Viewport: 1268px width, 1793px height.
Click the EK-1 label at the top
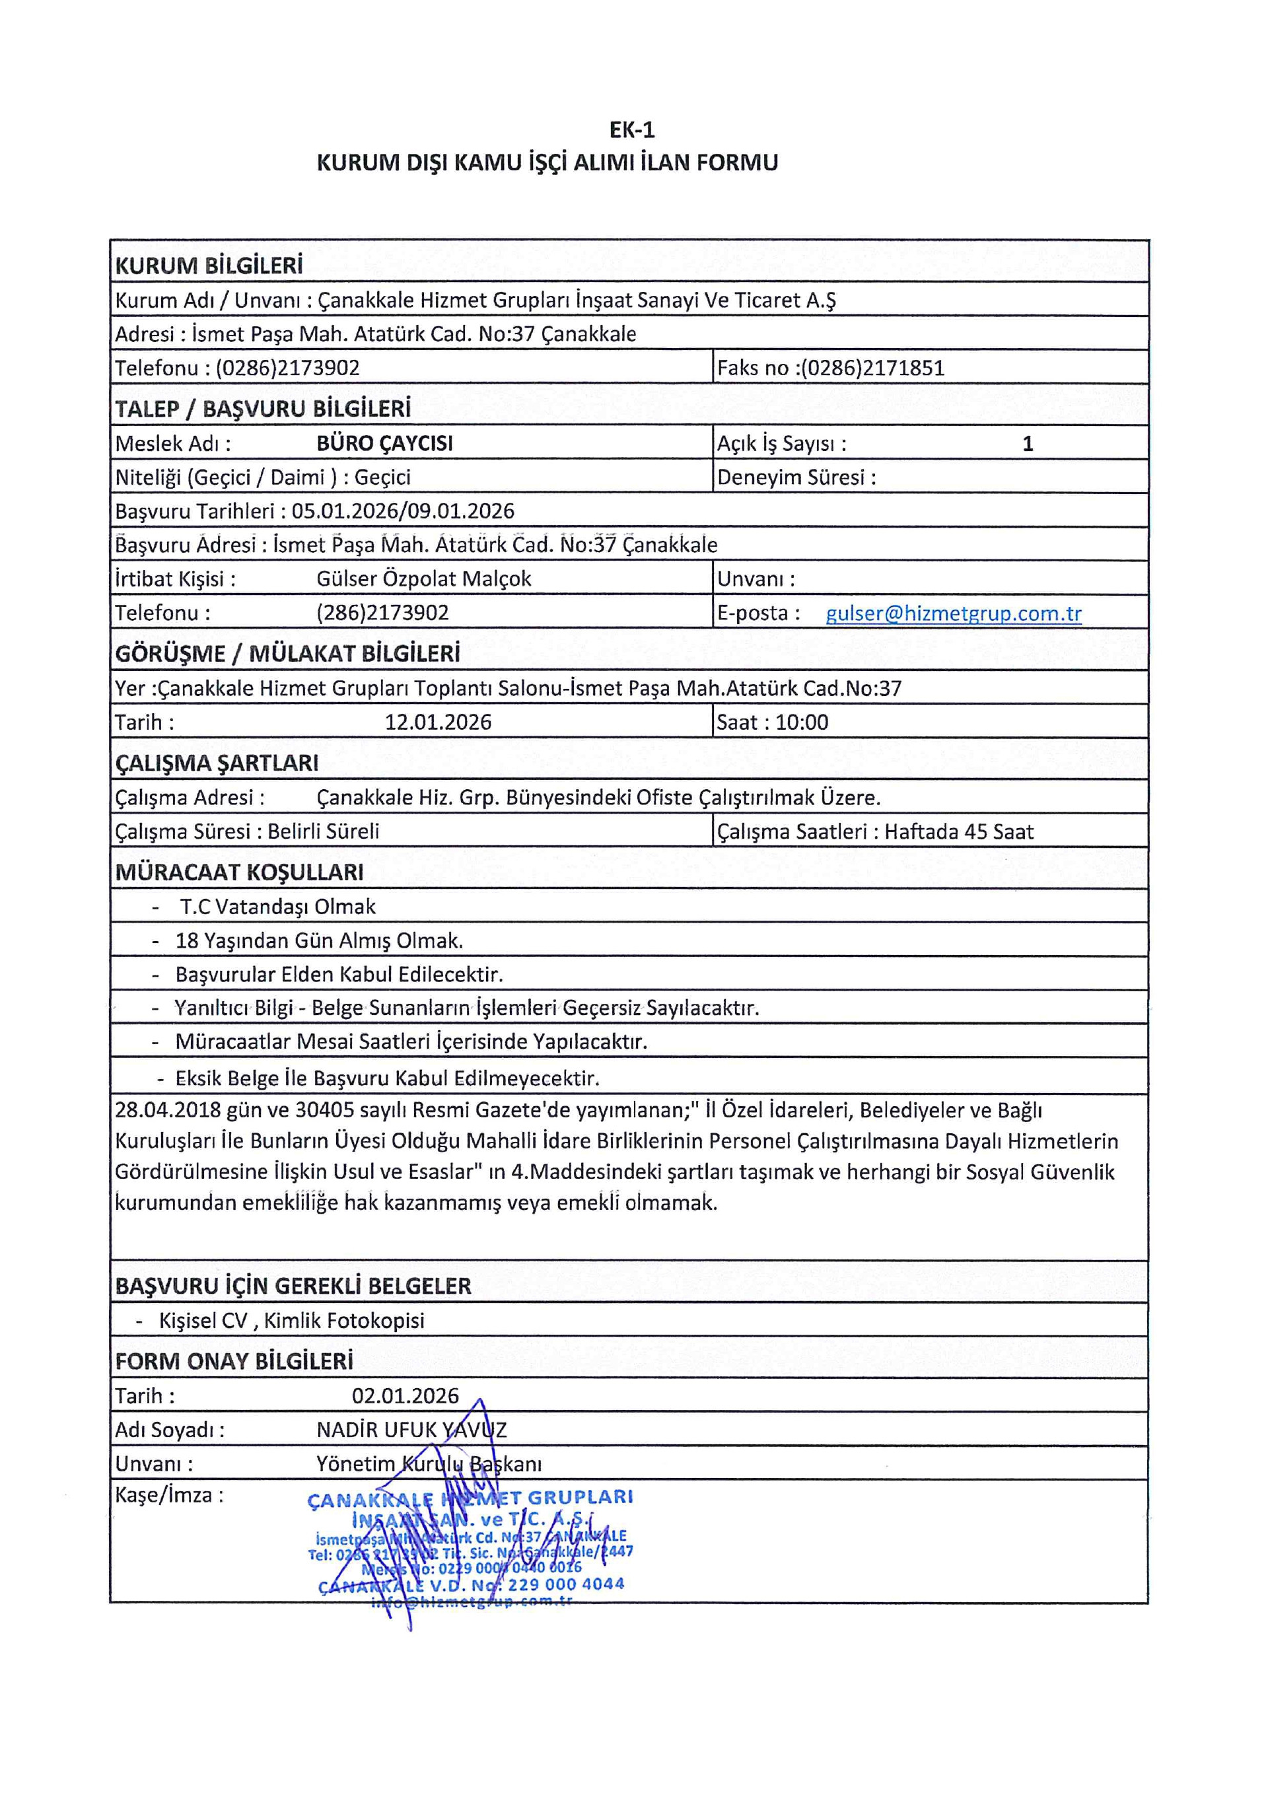(x=633, y=129)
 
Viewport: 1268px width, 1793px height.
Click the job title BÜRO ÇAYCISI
(x=384, y=444)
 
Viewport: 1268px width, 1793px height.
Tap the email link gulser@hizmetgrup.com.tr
(x=954, y=613)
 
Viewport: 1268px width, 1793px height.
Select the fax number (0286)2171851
(x=873, y=368)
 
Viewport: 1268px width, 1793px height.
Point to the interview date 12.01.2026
(x=438, y=722)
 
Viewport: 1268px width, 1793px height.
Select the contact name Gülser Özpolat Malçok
(x=423, y=579)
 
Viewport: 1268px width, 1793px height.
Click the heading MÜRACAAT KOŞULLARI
(x=239, y=872)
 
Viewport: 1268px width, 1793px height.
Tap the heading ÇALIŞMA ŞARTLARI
(x=216, y=763)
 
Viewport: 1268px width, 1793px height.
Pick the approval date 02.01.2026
(x=405, y=1395)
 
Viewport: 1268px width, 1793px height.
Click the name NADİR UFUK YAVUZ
(x=411, y=1430)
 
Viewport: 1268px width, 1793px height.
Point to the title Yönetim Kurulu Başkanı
(x=429, y=1463)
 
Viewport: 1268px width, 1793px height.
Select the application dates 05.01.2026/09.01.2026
(x=403, y=512)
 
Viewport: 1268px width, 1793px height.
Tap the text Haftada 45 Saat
(x=959, y=831)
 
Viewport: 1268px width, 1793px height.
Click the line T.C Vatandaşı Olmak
(x=277, y=907)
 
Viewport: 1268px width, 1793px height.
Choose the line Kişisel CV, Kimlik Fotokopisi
(x=291, y=1321)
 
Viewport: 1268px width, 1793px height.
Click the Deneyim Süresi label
(x=796, y=477)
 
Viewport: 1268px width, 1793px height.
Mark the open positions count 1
(x=1028, y=444)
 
